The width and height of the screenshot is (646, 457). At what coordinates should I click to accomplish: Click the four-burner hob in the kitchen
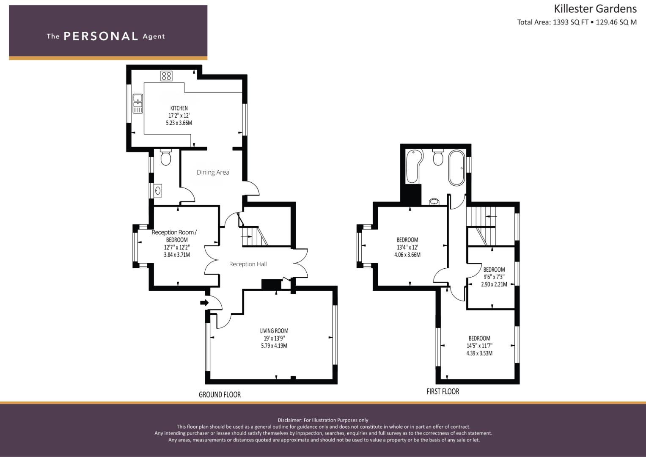click(166, 76)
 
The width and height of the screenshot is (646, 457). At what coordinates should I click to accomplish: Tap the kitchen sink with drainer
click(137, 104)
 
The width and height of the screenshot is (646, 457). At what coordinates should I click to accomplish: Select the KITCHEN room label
click(179, 108)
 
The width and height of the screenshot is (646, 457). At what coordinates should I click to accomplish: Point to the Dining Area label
click(213, 172)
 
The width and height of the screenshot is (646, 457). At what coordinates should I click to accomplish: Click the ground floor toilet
click(165, 157)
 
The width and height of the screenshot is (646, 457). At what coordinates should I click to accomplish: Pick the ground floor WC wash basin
click(158, 191)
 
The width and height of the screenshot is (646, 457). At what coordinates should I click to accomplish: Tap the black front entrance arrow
click(204, 303)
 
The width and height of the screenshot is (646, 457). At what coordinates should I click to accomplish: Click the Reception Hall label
click(248, 264)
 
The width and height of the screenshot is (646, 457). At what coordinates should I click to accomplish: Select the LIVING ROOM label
click(274, 331)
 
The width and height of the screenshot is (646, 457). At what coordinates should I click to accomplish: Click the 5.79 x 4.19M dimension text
click(274, 346)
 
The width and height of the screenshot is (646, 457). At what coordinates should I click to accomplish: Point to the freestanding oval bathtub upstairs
click(456, 168)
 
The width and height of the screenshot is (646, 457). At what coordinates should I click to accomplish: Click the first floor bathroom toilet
click(438, 157)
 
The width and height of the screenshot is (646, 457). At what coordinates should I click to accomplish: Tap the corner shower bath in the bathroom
click(415, 166)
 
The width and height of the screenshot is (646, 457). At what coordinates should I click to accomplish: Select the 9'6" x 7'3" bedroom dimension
click(494, 277)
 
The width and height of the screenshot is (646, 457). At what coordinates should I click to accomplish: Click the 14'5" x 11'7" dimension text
click(479, 346)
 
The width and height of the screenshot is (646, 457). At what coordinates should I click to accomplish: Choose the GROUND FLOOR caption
click(220, 394)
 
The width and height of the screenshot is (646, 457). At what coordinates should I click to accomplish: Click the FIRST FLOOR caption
click(443, 391)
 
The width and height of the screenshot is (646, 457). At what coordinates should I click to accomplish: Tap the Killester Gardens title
click(595, 9)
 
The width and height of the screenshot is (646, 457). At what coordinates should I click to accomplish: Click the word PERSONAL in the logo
click(101, 36)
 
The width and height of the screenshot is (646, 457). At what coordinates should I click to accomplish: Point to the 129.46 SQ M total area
click(616, 22)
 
